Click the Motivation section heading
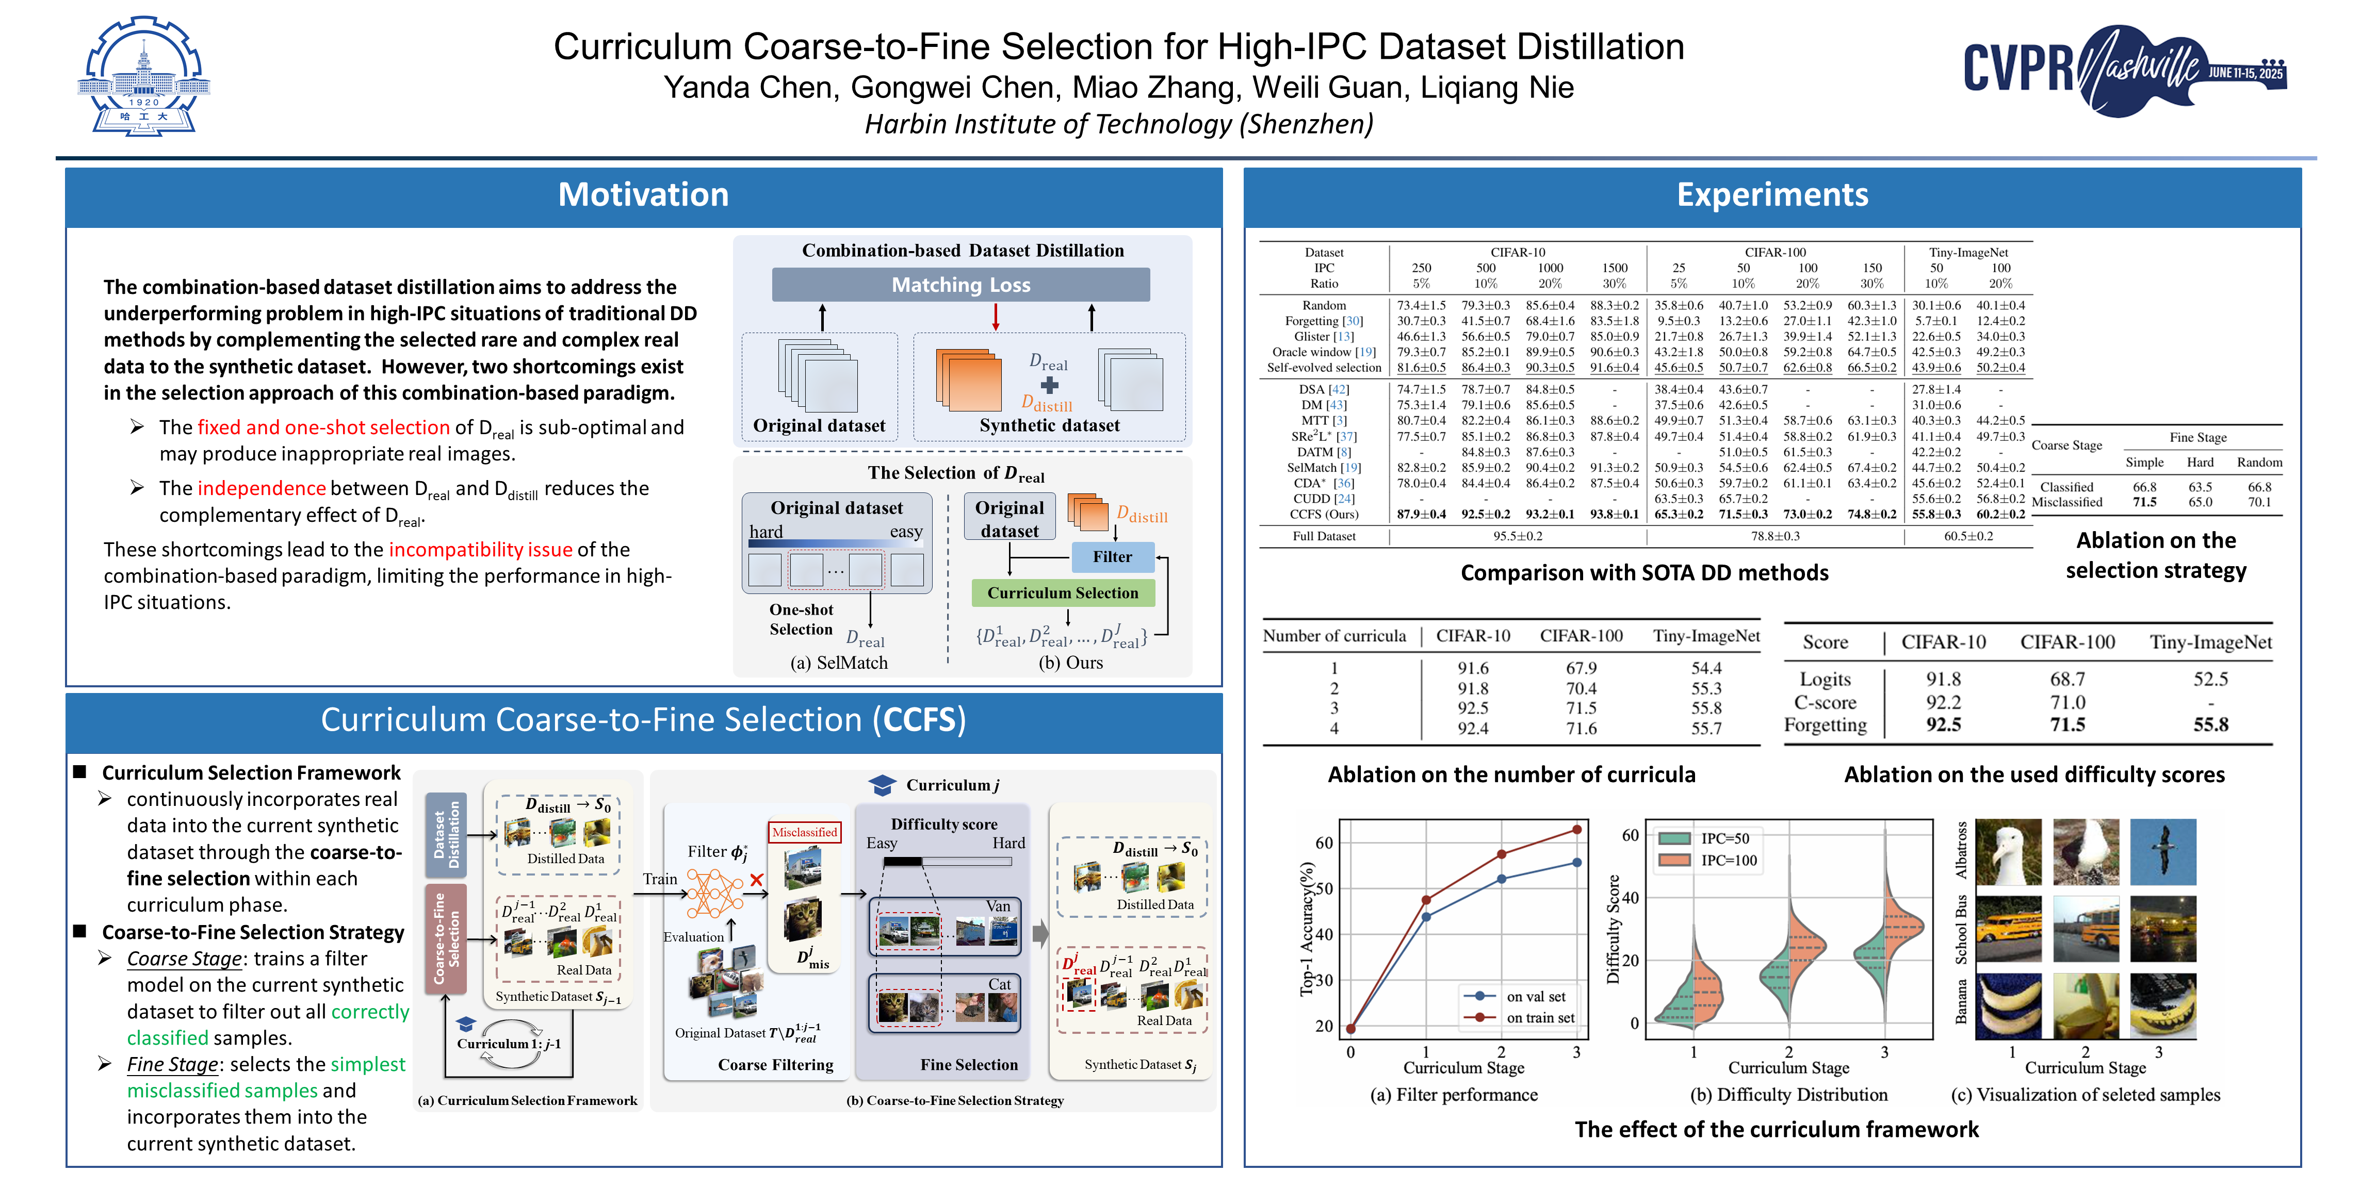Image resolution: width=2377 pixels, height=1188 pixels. pos(643,194)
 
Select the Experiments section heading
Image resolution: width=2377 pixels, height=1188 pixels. pos(1772,194)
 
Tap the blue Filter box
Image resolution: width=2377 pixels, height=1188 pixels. pos(1112,557)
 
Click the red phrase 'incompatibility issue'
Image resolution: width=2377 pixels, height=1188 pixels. pos(480,550)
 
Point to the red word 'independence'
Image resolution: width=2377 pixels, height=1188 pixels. pos(261,488)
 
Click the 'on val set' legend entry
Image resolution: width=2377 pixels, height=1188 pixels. pos(1536,996)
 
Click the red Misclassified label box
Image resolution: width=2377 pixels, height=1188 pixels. pos(804,832)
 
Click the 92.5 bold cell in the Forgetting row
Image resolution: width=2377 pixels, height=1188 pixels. pos(1943,725)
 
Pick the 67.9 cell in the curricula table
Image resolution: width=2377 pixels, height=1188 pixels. pos(1581,668)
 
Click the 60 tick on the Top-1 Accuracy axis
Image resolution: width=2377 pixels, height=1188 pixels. pos(1324,842)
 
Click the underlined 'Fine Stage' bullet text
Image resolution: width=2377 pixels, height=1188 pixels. pos(173,1064)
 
